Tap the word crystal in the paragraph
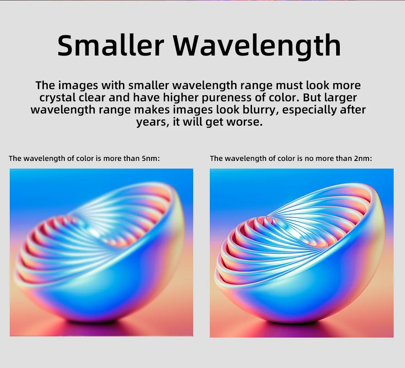(57, 98)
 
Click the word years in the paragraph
(152, 122)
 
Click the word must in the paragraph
(290, 85)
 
